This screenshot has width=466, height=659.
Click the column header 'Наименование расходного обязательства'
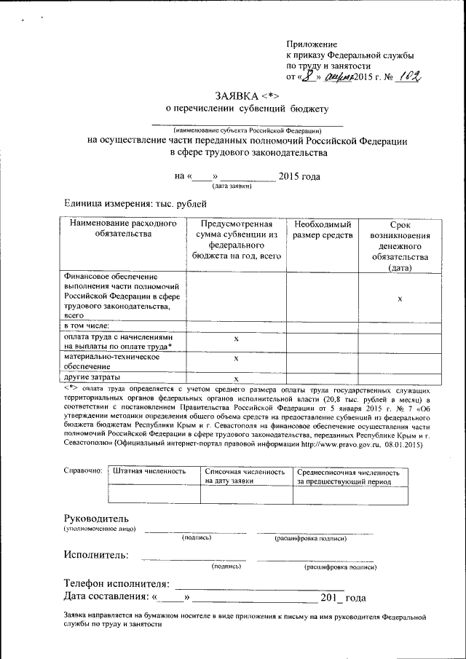click(123, 229)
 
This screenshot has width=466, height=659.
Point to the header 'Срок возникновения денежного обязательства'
click(400, 247)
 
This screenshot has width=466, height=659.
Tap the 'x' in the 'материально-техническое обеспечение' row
click(236, 359)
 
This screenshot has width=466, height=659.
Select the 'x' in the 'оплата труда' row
click(236, 339)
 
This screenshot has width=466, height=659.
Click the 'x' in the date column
click(400, 299)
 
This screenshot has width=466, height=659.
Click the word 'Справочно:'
click(84, 471)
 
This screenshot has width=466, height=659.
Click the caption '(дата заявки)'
click(232, 186)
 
